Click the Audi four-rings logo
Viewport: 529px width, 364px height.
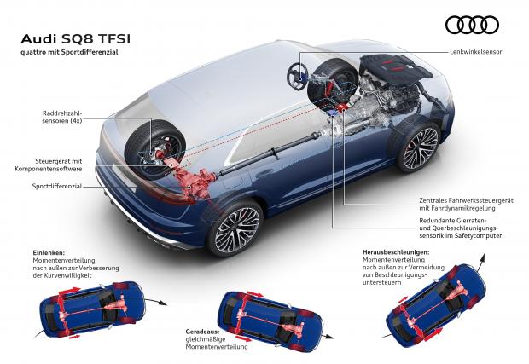pos(472,26)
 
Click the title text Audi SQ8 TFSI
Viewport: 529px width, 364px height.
pos(76,39)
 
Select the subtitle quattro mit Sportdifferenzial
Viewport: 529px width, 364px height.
pos(69,52)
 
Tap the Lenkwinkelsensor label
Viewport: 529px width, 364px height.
pos(476,52)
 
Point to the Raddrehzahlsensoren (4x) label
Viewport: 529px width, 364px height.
pos(62,117)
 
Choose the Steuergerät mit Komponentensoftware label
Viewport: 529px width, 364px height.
pos(49,165)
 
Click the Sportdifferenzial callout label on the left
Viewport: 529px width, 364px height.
pos(57,186)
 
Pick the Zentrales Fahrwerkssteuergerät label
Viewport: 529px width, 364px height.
pos(466,205)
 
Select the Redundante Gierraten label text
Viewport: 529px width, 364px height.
pos(461,228)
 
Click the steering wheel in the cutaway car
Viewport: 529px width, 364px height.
pos(298,77)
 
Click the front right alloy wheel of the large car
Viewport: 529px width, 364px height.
pos(418,147)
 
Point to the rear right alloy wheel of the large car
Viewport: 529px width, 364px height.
pos(235,227)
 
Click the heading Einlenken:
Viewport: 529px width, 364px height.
pos(49,253)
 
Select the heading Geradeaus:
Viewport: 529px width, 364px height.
pos(202,332)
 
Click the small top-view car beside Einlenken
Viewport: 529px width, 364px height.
pos(92,309)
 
